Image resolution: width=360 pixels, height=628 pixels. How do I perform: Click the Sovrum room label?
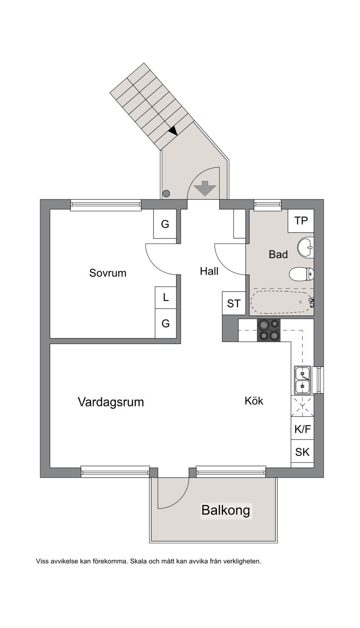[x=108, y=273]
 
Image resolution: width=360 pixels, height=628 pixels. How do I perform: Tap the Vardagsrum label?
[x=111, y=402]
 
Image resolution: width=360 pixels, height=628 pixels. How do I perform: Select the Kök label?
[x=254, y=401]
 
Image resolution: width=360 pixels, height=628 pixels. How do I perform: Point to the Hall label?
[x=209, y=271]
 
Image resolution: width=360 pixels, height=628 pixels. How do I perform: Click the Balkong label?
[x=226, y=510]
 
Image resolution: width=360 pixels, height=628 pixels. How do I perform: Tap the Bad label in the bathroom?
[x=278, y=254]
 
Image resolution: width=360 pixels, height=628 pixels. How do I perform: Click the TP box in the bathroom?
[x=301, y=221]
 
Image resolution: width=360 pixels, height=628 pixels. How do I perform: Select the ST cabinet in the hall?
[x=234, y=303]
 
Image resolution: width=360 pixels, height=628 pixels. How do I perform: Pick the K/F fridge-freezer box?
[x=302, y=429]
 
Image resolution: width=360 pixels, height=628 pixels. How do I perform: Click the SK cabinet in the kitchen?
[x=302, y=452]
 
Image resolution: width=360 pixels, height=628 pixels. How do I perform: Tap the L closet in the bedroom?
[x=166, y=297]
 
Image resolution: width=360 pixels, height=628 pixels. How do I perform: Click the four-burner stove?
[x=269, y=330]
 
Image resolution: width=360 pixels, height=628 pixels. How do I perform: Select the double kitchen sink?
[x=302, y=380]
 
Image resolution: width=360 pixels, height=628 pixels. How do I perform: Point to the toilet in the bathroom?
[x=301, y=274]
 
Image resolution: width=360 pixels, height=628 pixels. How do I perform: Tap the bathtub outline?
[x=282, y=302]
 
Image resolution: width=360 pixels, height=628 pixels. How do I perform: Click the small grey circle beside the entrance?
[x=166, y=193]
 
